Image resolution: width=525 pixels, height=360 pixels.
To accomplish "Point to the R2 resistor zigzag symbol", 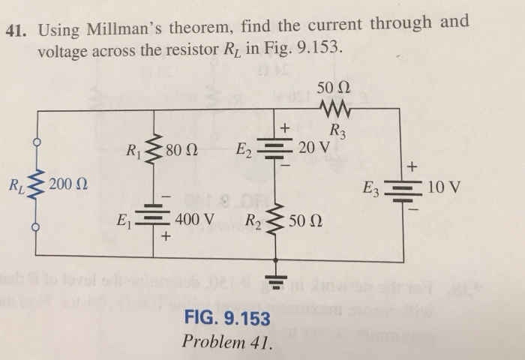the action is [274, 220].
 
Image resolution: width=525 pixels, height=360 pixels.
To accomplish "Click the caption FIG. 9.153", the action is [226, 318].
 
